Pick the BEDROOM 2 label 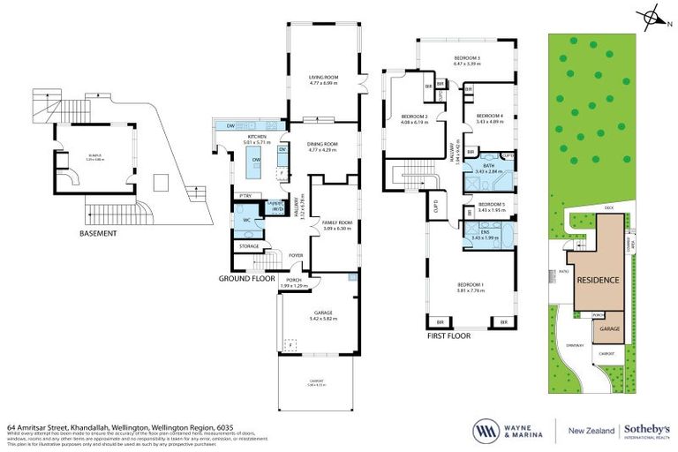pyautogui.click(x=414, y=117)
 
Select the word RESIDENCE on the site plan pyautogui.click(x=598, y=280)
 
